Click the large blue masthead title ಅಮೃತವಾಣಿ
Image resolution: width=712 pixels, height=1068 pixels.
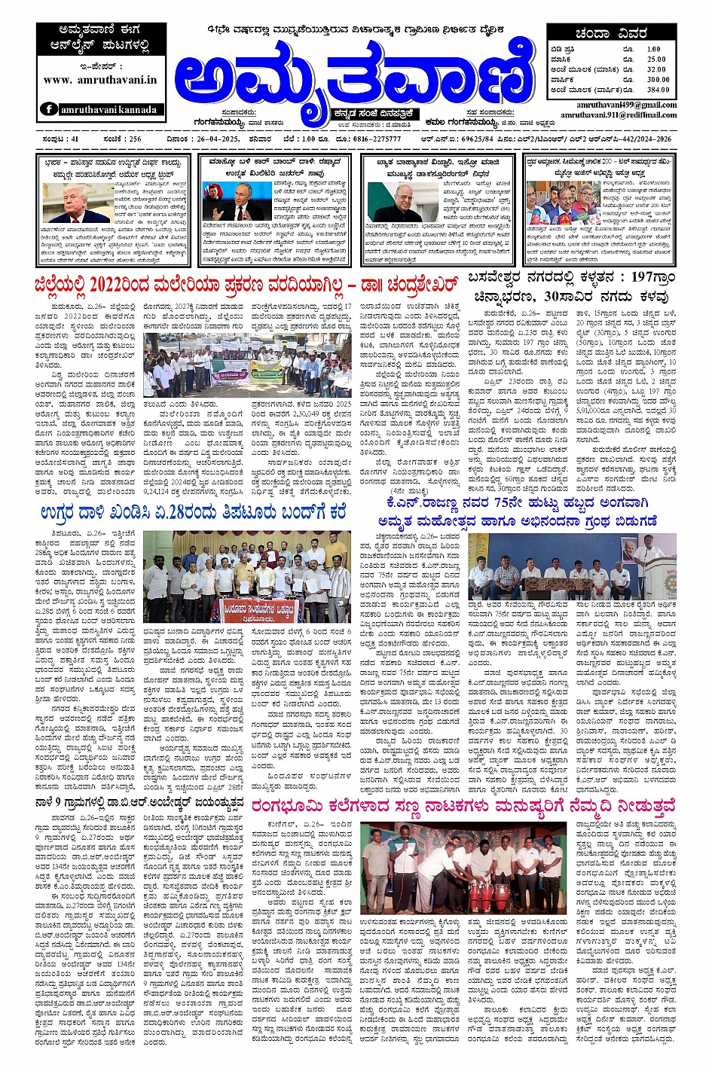[350, 75]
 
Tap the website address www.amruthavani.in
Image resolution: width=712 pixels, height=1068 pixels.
[100, 79]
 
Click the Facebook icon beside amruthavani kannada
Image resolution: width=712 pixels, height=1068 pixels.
[49, 109]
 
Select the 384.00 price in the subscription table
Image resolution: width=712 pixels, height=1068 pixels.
[657, 90]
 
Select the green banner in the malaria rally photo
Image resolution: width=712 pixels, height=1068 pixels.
[267, 370]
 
